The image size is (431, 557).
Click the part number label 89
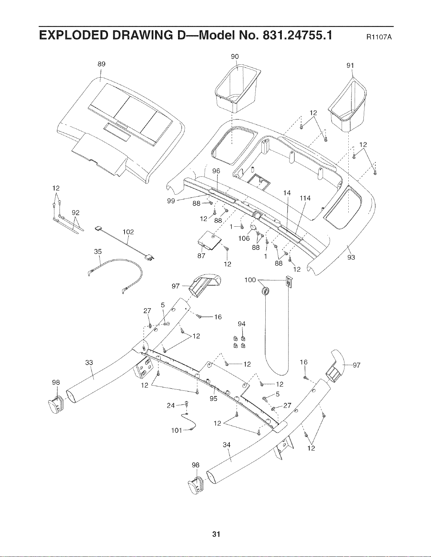pyautogui.click(x=102, y=64)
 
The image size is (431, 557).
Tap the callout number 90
pyautogui.click(x=235, y=57)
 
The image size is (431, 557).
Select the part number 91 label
pyautogui.click(x=350, y=65)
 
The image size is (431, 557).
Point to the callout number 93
pyautogui.click(x=351, y=257)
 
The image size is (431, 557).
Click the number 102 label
pyautogui.click(x=128, y=232)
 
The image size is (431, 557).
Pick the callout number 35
pyautogui.click(x=98, y=252)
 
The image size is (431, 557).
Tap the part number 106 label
pyautogui.click(x=244, y=238)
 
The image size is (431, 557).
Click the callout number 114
pyautogui.click(x=305, y=198)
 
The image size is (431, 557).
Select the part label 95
pyautogui.click(x=214, y=398)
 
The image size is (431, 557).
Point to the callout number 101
pyautogui.click(x=177, y=430)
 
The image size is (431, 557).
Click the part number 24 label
pyautogui.click(x=171, y=405)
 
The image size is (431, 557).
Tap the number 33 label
pyautogui.click(x=89, y=362)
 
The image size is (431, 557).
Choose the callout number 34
pyautogui.click(x=227, y=445)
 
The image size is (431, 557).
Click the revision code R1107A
pyautogui.click(x=379, y=37)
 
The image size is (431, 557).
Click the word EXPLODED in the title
pyautogui.click(x=72, y=35)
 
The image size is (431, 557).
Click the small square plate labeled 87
pyautogui.click(x=209, y=240)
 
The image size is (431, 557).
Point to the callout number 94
pyautogui.click(x=241, y=324)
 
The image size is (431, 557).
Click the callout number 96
pyautogui.click(x=216, y=171)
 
